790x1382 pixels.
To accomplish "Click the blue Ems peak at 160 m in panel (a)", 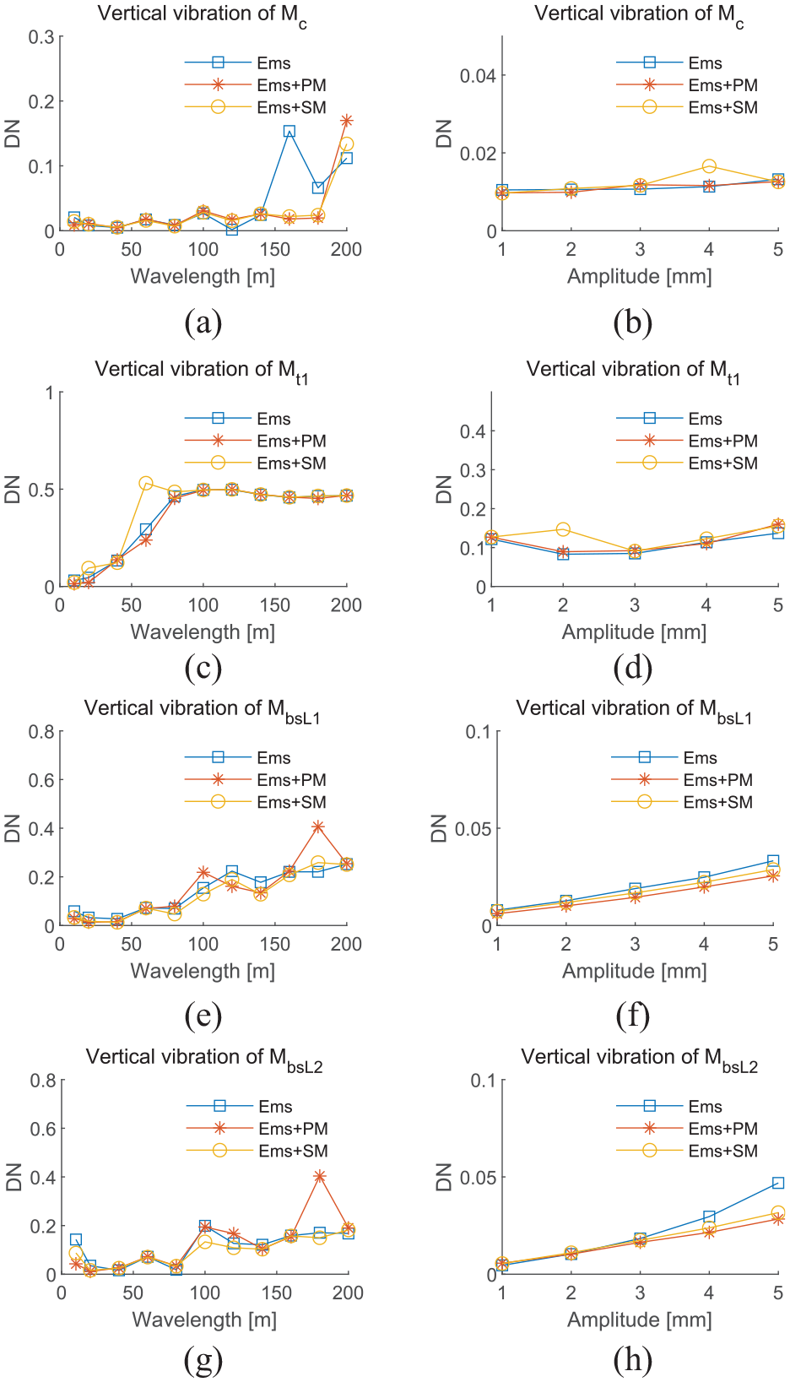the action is click(x=289, y=131).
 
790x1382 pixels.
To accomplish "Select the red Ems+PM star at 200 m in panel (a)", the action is click(x=347, y=120).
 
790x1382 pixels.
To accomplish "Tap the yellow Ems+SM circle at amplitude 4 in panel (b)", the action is click(x=709, y=166).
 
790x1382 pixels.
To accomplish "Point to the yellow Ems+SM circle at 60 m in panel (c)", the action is click(x=146, y=483).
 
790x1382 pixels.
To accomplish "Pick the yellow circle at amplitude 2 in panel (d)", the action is click(x=563, y=529).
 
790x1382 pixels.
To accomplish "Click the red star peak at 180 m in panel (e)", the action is click(x=317, y=826).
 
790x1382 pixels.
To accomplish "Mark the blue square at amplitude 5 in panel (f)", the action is click(x=773, y=860).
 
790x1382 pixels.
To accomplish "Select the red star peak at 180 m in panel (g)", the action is click(x=319, y=1177).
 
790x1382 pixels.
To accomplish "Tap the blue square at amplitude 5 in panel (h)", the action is click(x=778, y=1183).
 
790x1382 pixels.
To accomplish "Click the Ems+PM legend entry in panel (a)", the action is click(x=256, y=85).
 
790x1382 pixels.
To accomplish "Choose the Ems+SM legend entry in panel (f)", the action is click(x=682, y=802).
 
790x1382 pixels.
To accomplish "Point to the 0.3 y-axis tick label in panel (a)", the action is click(x=41, y=37).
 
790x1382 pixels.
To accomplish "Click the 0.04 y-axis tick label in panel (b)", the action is click(x=478, y=75).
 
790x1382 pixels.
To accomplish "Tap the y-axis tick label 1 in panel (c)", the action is click(x=49, y=393).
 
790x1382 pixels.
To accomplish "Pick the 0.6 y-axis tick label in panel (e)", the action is click(x=41, y=780).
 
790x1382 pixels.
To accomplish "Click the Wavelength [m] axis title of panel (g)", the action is click(x=205, y=1320).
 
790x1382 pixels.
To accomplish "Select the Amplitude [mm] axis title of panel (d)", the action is click(x=635, y=631).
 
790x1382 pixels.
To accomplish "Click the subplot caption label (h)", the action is click(x=633, y=1359).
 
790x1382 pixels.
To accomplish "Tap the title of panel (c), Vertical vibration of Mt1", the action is click(x=202, y=371).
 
